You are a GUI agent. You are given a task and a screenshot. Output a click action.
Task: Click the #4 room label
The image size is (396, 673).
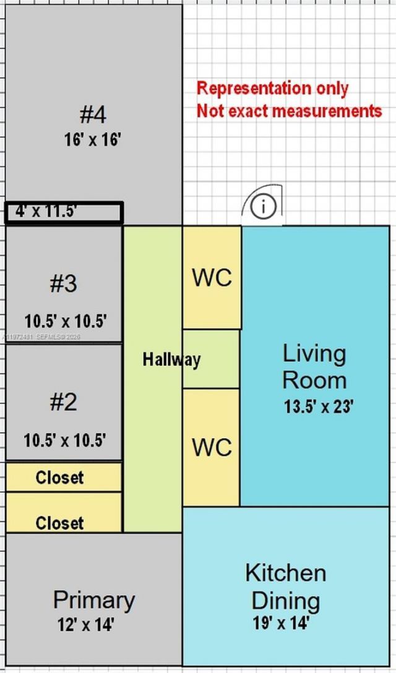point(93,114)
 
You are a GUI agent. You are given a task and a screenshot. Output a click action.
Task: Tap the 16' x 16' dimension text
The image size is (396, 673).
point(92,140)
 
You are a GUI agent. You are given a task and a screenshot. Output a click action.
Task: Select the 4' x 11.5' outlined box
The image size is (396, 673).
point(64,212)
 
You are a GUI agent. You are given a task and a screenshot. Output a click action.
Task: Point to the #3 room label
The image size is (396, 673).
point(64,283)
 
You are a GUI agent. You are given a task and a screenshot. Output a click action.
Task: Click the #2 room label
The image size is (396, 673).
point(64,402)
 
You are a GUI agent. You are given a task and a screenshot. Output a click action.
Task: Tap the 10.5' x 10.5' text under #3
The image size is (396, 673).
point(66,322)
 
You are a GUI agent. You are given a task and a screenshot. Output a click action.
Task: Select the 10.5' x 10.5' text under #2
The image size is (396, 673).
point(65,440)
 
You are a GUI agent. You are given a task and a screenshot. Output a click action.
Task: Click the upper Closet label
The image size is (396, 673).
point(59,478)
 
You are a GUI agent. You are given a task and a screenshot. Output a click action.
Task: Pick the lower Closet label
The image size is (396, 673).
point(59,523)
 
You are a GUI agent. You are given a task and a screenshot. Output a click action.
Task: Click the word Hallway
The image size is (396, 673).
point(171,359)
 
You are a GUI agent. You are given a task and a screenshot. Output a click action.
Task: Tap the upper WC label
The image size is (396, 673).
point(212,278)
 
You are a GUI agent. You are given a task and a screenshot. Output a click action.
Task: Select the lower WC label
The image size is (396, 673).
point(212,447)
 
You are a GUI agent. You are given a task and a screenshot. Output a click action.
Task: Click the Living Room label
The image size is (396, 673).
point(314,366)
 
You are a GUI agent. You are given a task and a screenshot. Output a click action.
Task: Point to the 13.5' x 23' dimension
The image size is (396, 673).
point(318,407)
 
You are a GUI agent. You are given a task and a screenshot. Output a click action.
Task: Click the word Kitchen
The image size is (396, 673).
point(285,573)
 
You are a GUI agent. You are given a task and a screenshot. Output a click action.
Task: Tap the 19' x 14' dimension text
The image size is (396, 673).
point(280,622)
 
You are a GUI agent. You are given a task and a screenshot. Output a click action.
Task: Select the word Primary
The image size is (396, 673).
point(93,599)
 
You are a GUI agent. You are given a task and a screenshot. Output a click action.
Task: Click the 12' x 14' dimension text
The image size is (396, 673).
point(85,625)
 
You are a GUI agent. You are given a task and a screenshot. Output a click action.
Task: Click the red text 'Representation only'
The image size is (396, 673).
point(272,88)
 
